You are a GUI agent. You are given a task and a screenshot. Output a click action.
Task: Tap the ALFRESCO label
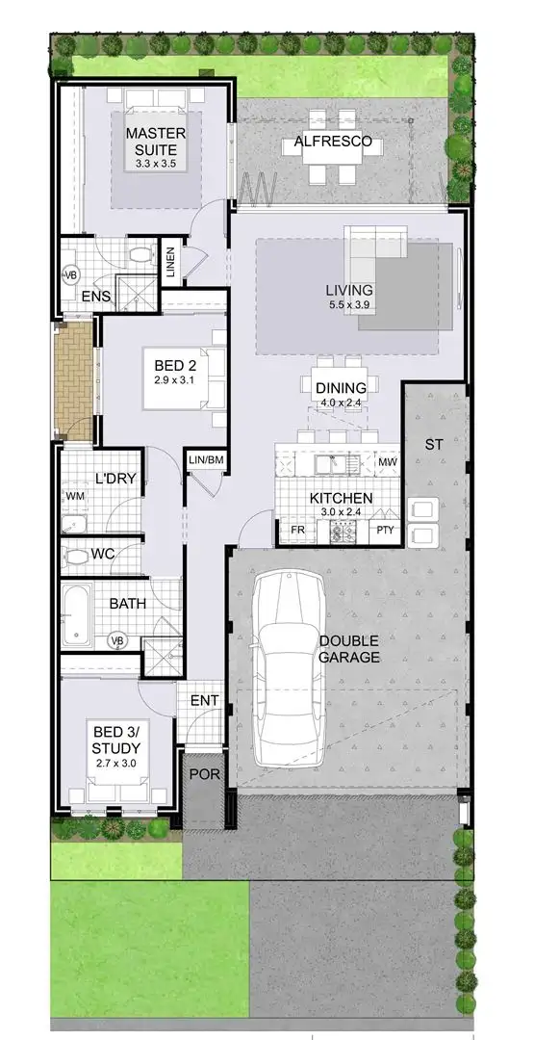coord(326,143)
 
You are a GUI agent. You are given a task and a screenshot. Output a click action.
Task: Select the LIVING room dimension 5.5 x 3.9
coord(348,305)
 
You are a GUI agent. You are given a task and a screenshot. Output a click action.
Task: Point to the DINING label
coord(341,387)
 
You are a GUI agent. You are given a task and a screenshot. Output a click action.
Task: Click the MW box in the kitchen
coord(387,463)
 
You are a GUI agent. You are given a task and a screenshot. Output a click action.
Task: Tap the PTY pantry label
coord(385,531)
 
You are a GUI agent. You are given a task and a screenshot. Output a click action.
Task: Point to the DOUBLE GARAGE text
coord(349,649)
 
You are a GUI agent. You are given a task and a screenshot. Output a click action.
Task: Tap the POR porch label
coord(200,774)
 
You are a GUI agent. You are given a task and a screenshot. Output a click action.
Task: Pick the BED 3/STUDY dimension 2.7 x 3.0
coord(116,763)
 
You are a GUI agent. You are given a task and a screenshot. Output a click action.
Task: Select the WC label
coord(104,555)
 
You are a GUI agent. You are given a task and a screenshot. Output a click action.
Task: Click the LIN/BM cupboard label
coord(206,460)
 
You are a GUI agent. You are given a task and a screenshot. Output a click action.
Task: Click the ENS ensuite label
coord(94,297)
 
